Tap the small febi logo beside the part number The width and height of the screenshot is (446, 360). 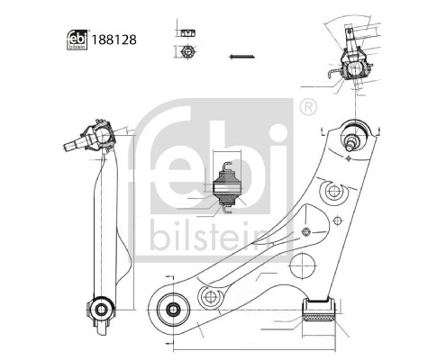click(x=77, y=40)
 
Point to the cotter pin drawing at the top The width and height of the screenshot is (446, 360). click(x=240, y=58)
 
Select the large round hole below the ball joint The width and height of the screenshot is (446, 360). click(x=332, y=192)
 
